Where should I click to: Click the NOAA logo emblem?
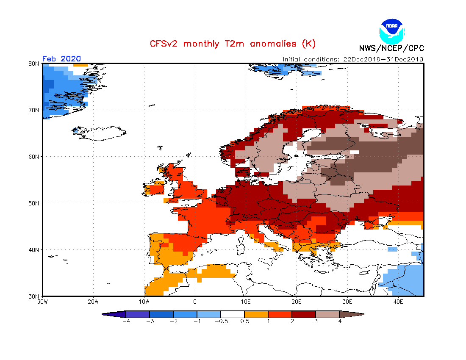[392, 30]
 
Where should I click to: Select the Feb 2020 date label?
[61, 58]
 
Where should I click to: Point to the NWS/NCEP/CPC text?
[391, 48]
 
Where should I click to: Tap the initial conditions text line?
[353, 59]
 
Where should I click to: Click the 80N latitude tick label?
[34, 64]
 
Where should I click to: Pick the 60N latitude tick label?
[34, 157]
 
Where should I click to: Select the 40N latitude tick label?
[34, 250]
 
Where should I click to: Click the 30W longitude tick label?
[42, 302]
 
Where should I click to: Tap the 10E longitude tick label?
[246, 302]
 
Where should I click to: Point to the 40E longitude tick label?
[398, 302]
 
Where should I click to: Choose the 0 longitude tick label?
[195, 302]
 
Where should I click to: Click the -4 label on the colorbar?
[125, 321]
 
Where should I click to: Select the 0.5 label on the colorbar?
[244, 321]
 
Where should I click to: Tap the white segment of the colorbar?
[233, 314]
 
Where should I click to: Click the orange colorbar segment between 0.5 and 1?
[256, 314]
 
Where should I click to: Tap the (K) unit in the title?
[308, 44]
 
